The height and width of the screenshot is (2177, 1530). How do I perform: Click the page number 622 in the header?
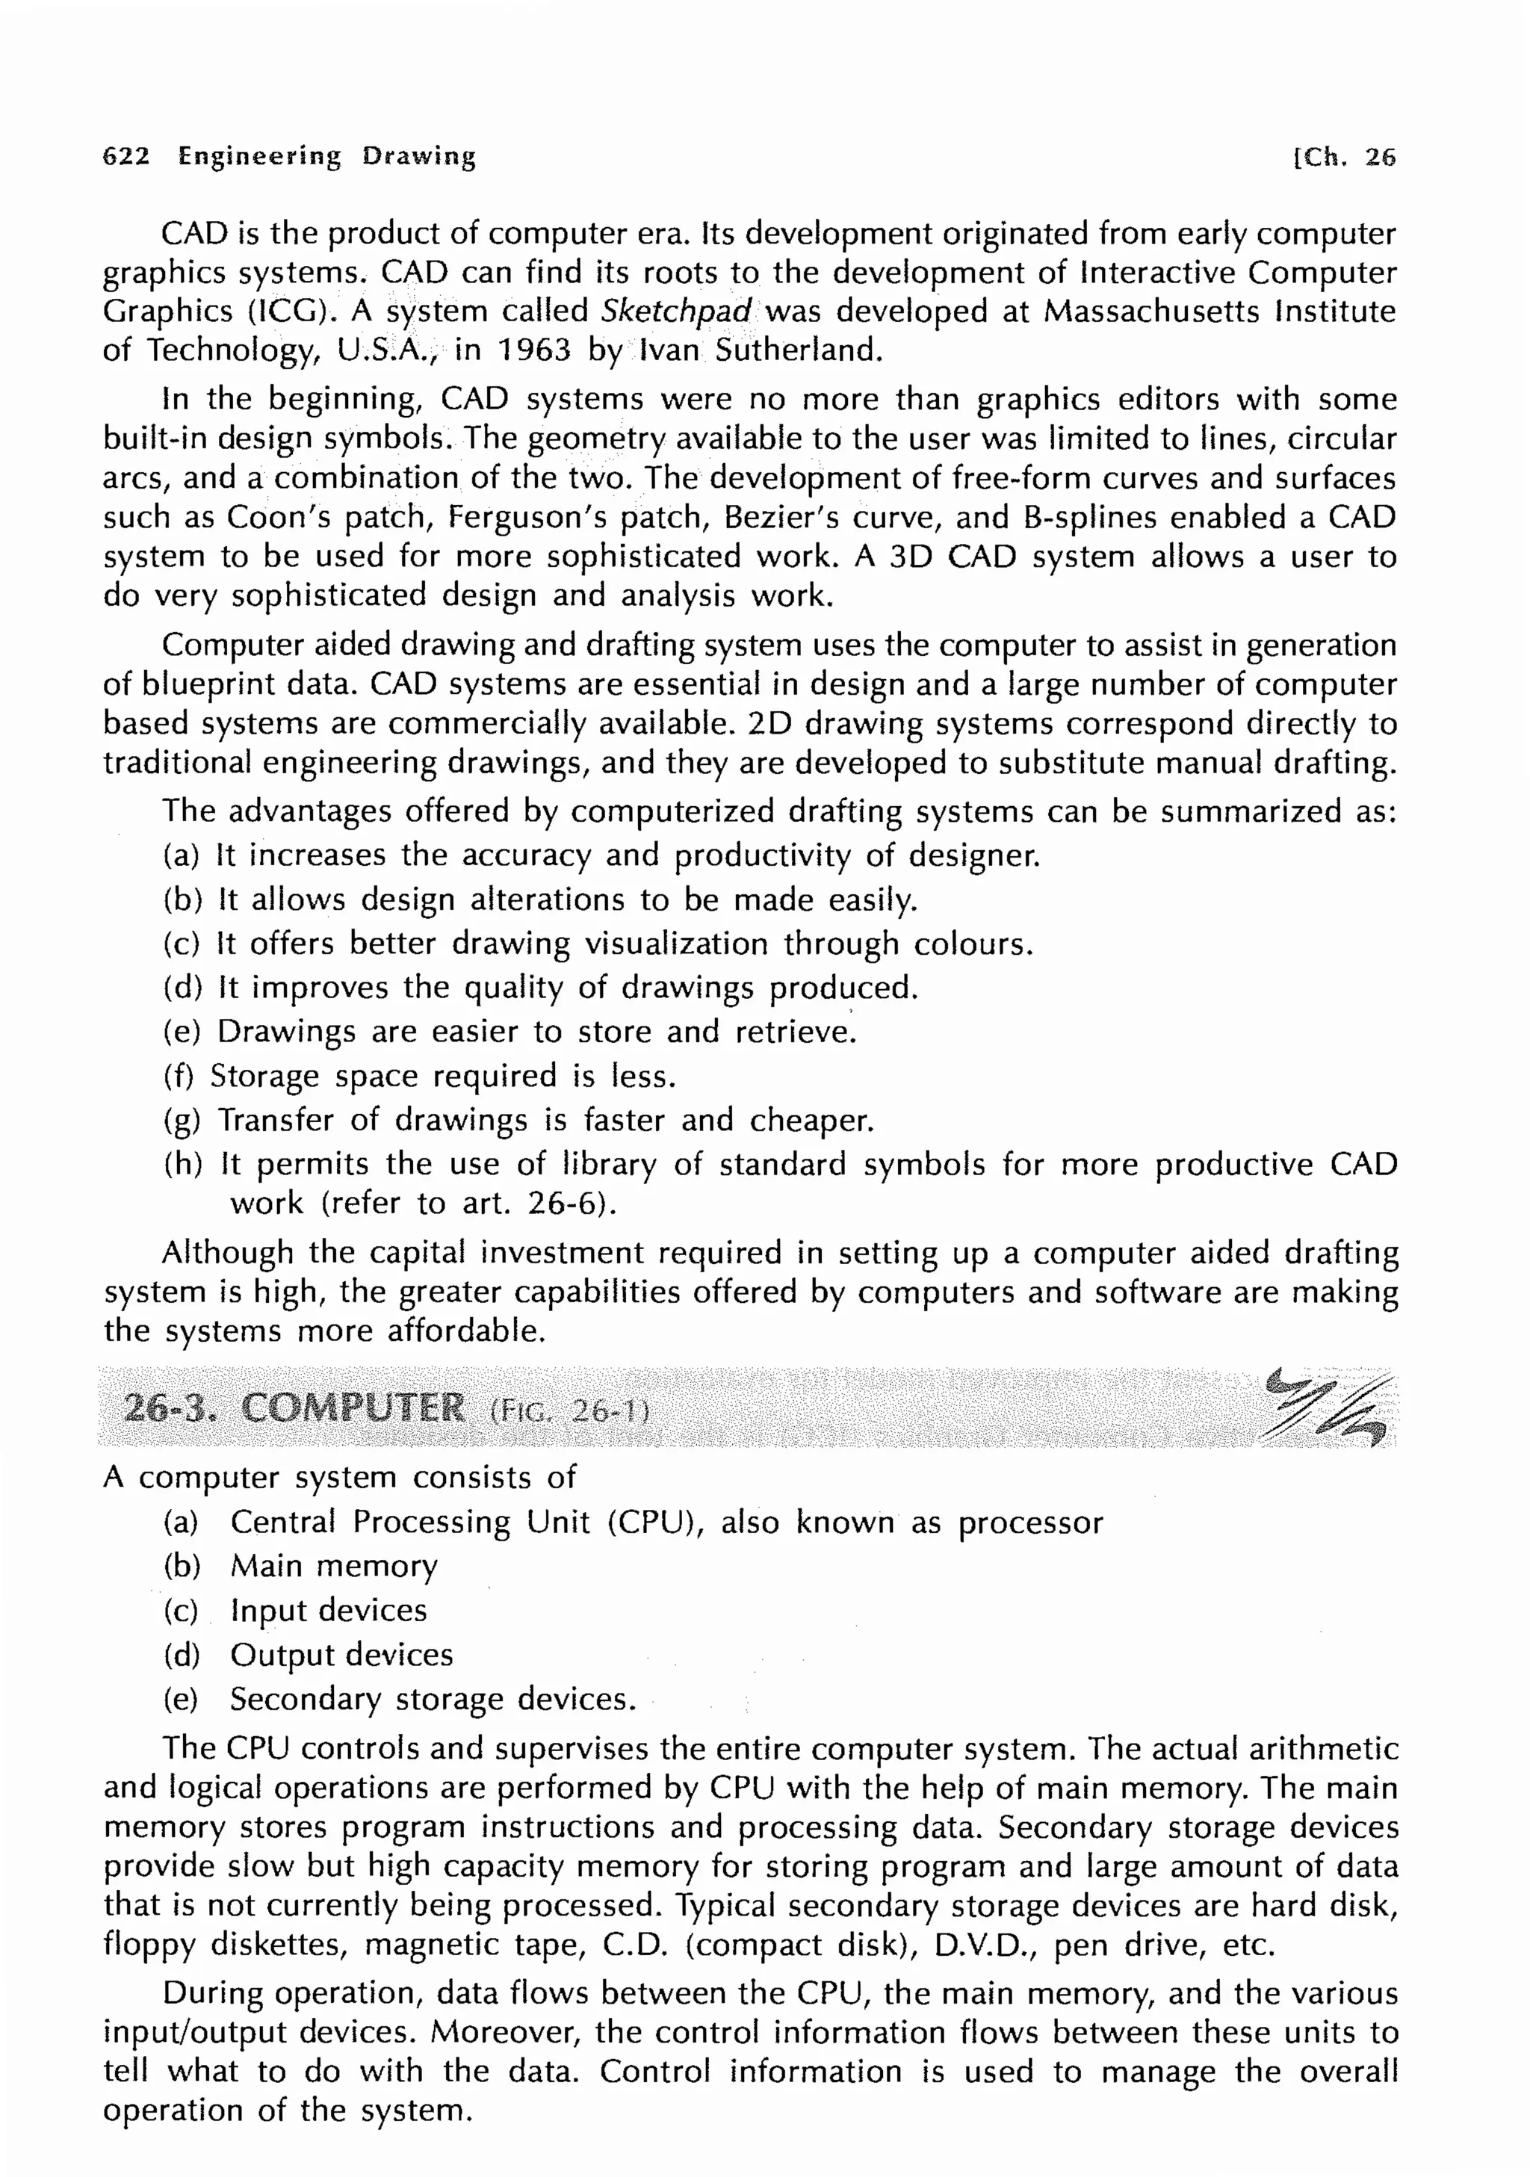pos(126,156)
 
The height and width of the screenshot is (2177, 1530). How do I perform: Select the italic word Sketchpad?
pos(677,311)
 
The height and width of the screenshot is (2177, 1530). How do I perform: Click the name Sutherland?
pos(798,351)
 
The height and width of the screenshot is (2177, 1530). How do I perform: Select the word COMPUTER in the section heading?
pos(353,1409)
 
